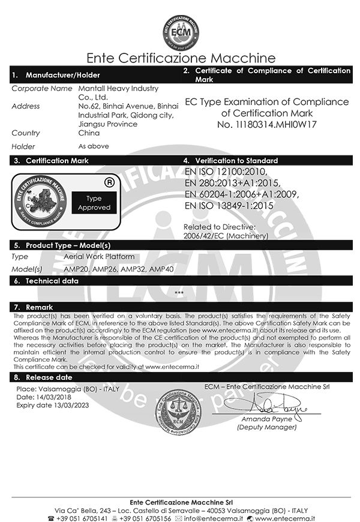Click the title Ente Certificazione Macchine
181,58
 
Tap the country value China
89,133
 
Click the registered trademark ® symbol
109,179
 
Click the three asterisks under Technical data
179,293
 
